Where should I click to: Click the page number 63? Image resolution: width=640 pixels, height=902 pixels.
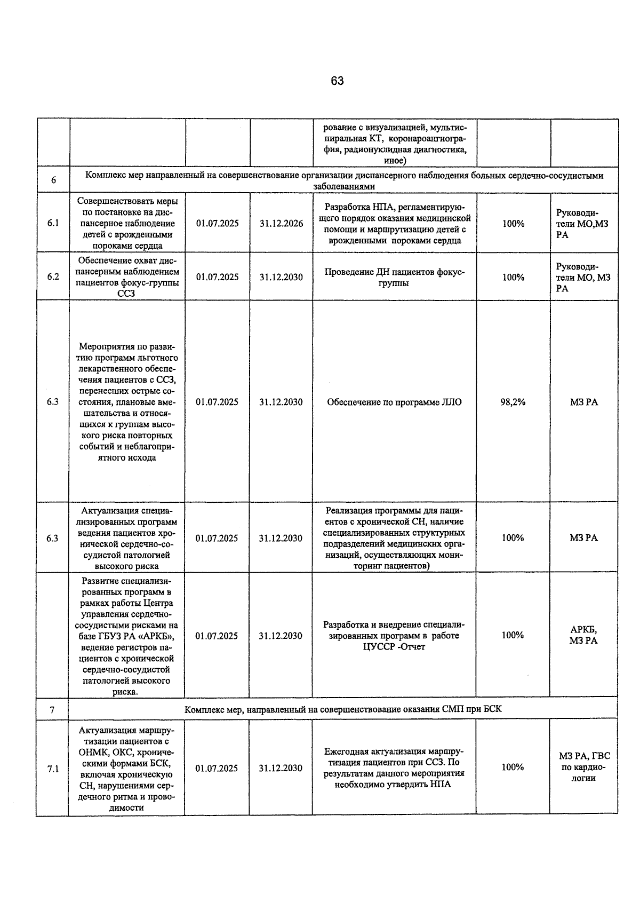tap(337, 81)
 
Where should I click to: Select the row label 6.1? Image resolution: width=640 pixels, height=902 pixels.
tap(53, 223)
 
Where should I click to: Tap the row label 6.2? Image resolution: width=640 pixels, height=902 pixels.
tap(53, 277)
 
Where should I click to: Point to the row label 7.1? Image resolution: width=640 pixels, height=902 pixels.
tap(53, 769)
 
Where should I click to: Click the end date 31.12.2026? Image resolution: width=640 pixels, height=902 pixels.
tap(281, 224)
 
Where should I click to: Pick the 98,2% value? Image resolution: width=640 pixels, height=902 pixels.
tap(513, 402)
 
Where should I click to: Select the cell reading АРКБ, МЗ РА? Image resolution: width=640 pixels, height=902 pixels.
tap(583, 635)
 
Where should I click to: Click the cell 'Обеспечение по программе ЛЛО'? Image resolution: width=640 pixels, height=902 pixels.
tap(394, 402)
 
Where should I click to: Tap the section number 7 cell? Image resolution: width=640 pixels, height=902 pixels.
tap(52, 710)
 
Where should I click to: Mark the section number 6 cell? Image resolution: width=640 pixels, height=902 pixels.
tap(53, 180)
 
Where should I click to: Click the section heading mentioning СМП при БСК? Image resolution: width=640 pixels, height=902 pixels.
tap(343, 709)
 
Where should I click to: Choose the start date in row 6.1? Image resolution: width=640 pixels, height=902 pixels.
tap(218, 224)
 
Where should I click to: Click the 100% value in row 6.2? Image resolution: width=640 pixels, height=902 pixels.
tap(513, 277)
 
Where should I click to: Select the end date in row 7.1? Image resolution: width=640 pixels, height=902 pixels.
tap(281, 768)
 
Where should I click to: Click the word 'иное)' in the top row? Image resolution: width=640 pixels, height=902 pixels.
tap(395, 161)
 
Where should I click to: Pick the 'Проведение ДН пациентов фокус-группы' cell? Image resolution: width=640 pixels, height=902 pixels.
tap(394, 278)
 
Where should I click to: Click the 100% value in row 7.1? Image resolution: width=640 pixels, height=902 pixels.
tap(513, 767)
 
